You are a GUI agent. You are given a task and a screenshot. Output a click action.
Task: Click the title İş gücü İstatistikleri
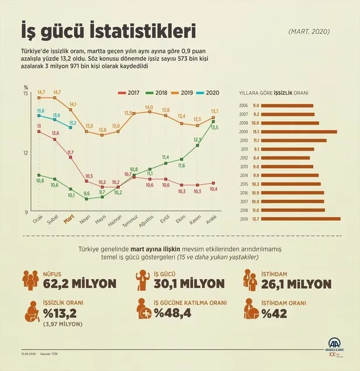108,29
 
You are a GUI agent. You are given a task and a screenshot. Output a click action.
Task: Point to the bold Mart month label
68,220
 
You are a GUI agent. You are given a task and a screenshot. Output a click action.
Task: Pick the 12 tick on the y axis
25,153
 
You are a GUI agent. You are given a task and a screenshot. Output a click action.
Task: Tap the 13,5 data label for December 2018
214,127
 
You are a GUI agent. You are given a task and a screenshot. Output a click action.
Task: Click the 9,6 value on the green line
86,193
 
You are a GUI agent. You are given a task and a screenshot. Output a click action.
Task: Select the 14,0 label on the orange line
149,108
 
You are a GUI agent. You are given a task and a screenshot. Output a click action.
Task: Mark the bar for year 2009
296,131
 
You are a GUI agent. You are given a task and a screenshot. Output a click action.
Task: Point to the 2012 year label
244,158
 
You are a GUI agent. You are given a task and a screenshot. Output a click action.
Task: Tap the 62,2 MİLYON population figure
79,284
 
